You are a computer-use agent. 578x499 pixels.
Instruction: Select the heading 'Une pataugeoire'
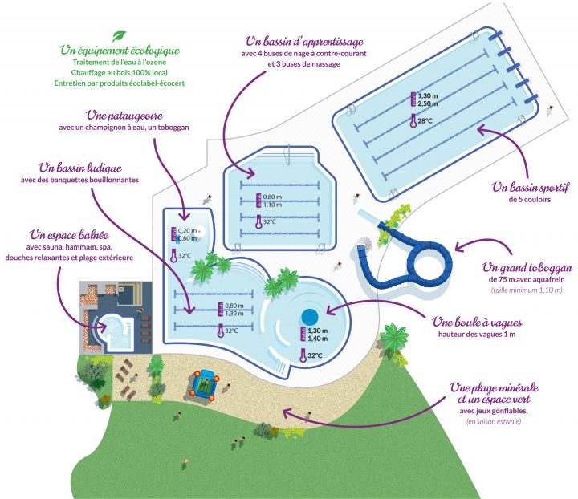[124, 116]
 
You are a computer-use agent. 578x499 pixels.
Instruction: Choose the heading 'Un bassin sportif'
[529, 188]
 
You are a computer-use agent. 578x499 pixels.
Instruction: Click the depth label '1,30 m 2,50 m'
[428, 99]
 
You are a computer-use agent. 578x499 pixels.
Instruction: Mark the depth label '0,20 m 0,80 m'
[187, 234]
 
